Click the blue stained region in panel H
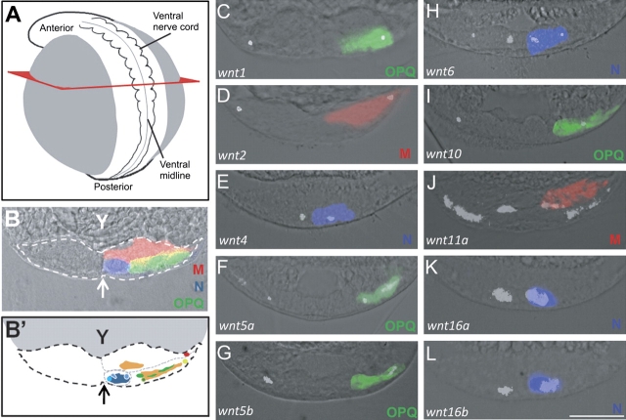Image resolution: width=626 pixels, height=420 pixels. pos(545,40)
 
